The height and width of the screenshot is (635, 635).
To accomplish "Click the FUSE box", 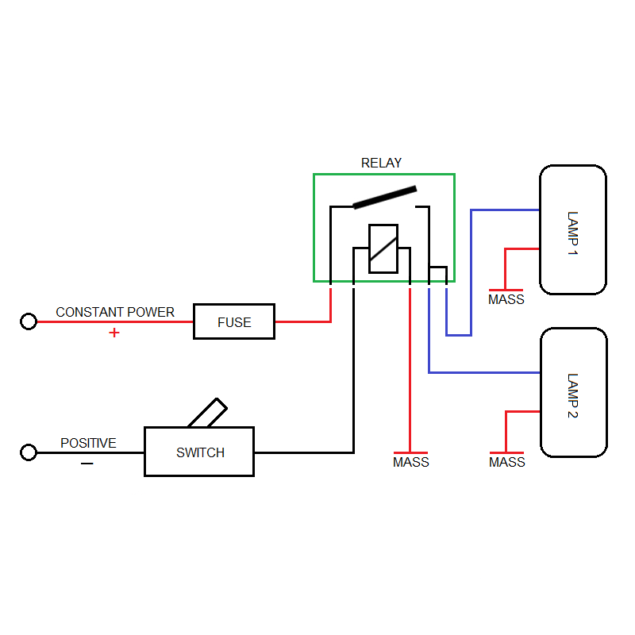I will tap(234, 321).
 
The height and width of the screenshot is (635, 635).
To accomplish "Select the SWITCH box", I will tap(199, 452).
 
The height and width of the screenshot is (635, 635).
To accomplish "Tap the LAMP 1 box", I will tap(572, 230).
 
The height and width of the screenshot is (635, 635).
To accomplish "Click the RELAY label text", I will tap(381, 163).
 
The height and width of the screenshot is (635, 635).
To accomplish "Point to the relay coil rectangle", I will tap(383, 248).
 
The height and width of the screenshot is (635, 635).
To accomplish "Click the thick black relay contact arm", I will tap(385, 197).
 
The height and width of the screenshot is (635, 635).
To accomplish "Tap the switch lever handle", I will tap(207, 414).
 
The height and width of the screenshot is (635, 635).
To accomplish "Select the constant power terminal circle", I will tap(29, 321).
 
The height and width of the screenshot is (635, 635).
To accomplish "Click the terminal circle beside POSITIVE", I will tap(29, 452).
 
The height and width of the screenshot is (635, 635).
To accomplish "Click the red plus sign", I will tap(114, 333).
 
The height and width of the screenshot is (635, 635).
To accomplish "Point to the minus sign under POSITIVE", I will tap(87, 464).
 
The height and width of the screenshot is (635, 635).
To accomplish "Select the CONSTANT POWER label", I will tap(115, 312).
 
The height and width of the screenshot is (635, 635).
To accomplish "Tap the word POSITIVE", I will tap(88, 443).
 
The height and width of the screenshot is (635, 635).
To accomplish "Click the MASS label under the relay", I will tap(410, 462).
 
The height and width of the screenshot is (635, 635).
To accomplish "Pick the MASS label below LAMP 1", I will tap(506, 300).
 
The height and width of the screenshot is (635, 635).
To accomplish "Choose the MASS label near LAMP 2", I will tap(506, 462).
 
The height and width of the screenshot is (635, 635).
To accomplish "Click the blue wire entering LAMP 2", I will tap(484, 372).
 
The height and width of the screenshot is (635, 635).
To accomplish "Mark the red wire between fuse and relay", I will tap(302, 321).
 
